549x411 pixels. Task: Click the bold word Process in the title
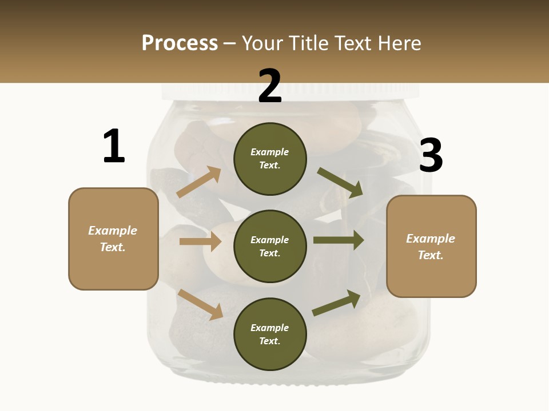[x=180, y=43]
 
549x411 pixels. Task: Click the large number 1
[x=114, y=147]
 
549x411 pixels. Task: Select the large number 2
[x=270, y=86]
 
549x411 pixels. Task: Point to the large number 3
[x=431, y=155]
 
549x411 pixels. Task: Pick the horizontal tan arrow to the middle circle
[x=200, y=242]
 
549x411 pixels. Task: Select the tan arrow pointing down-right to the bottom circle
[x=200, y=304]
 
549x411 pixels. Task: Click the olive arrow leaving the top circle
[x=340, y=182]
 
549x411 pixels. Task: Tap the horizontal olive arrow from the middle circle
[x=339, y=240]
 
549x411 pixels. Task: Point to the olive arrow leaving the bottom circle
[x=337, y=303]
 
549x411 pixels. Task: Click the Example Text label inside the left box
[x=113, y=239]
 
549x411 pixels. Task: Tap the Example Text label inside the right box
[x=431, y=247]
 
